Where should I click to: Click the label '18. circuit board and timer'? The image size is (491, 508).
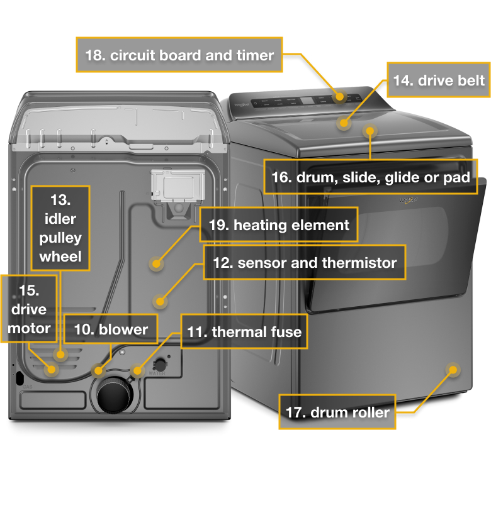[179, 55]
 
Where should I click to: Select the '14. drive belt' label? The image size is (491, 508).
[438, 80]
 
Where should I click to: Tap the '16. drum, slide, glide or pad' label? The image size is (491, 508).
[370, 177]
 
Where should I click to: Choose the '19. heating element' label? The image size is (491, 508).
[278, 225]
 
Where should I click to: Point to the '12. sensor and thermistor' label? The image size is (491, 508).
[304, 262]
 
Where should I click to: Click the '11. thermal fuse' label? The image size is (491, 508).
[245, 332]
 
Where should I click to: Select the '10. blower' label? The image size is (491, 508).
[111, 329]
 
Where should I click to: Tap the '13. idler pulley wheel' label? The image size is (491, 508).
[60, 228]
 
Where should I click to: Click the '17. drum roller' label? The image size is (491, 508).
[337, 412]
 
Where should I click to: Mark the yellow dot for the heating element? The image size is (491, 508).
[155, 263]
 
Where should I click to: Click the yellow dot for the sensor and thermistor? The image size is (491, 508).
[161, 301]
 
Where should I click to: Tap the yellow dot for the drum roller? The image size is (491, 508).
[452, 370]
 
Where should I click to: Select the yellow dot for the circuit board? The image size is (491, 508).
[340, 96]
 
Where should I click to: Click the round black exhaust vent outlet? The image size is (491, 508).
[113, 397]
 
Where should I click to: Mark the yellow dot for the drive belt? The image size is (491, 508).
[343, 123]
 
